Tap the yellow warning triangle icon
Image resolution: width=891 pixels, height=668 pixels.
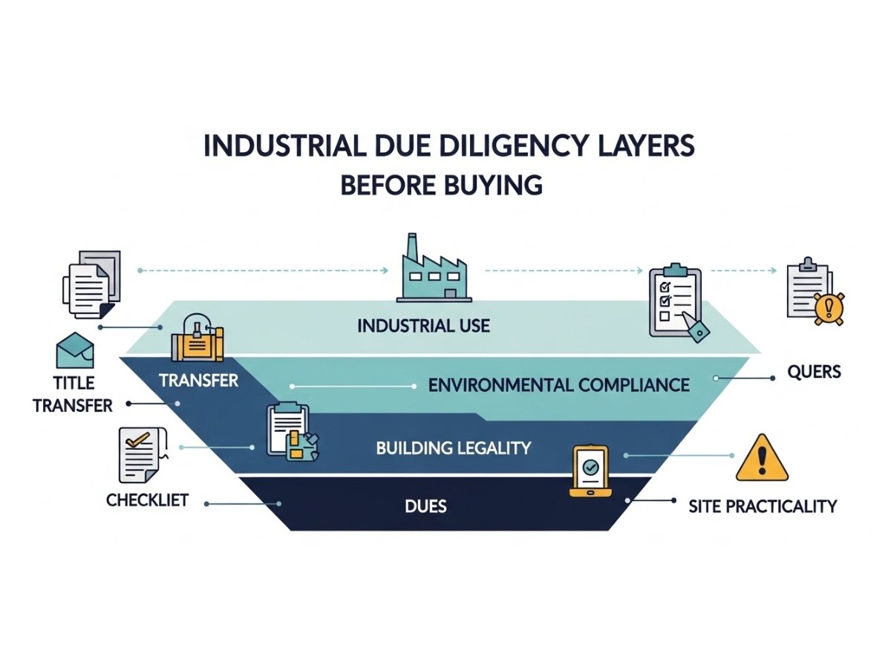[x=762, y=459]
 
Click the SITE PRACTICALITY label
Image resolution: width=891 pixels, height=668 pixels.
[x=763, y=506]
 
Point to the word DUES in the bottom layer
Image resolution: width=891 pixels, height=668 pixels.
[x=426, y=507]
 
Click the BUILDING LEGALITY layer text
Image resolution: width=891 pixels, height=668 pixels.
[x=453, y=448]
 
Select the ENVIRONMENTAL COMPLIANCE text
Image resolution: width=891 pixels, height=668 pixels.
[x=559, y=385]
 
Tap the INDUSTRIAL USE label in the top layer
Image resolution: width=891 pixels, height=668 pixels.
[x=423, y=326]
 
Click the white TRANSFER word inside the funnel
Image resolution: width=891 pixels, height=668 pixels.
[x=198, y=381]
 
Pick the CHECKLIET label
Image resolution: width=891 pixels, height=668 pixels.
[x=147, y=500]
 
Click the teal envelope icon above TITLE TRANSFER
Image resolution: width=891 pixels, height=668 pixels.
[x=75, y=350]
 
